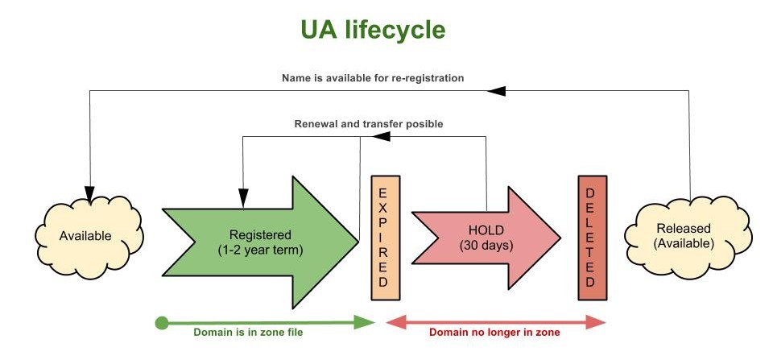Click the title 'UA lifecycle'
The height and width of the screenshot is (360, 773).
coord(373,30)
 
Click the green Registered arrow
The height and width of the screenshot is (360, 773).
coord(258,241)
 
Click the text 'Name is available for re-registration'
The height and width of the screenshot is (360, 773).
coord(373,78)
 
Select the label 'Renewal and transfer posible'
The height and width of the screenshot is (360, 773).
coord(369,124)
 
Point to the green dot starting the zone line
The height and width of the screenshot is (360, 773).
coord(161,323)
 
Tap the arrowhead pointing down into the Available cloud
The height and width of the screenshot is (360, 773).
coord(89,187)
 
